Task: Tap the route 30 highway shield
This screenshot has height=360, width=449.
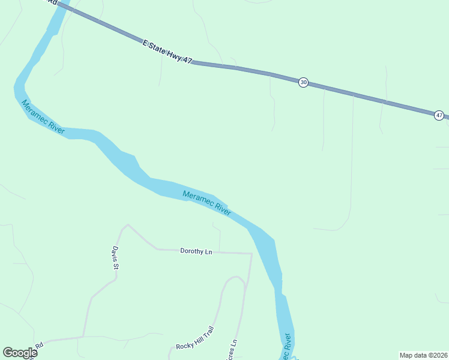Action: (x=304, y=82)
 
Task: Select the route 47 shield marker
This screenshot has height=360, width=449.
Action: (x=439, y=115)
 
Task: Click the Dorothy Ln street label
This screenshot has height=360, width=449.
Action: (x=196, y=251)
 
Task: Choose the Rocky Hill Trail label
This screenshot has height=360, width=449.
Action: (x=194, y=339)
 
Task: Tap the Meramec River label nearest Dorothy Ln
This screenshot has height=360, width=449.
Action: (x=206, y=203)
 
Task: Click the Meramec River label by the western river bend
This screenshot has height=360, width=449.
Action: (x=43, y=117)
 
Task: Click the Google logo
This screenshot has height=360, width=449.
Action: (x=20, y=353)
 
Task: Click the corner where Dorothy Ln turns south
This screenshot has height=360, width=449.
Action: (x=251, y=254)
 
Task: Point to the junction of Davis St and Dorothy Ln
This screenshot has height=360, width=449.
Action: (x=127, y=226)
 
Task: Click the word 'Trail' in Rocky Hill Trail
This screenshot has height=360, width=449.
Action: (x=206, y=332)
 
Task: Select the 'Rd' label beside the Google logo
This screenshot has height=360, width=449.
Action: (x=39, y=346)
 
